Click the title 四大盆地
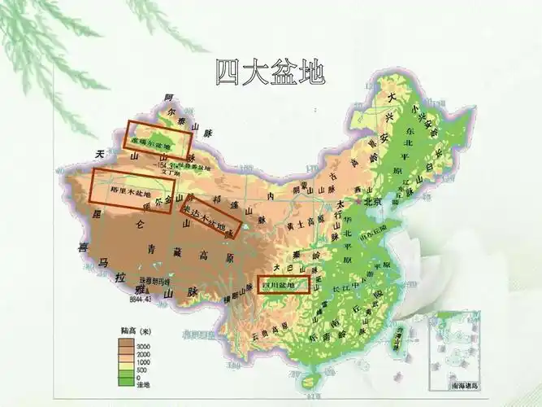coord(271,72)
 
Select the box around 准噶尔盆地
coord(158,140)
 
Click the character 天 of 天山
coord(102,154)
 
